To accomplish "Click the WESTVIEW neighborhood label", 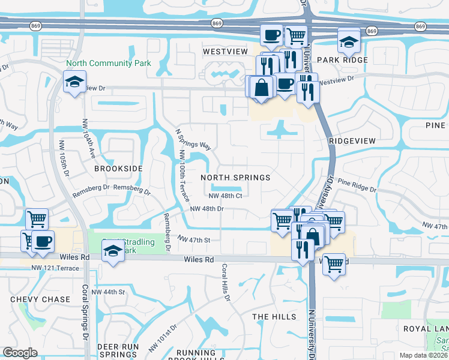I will [x=225, y=52].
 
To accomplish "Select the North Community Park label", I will [x=109, y=63].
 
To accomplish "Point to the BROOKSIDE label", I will [x=118, y=169].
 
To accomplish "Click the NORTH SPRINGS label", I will [x=235, y=178].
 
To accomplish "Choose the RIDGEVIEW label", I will [x=352, y=140].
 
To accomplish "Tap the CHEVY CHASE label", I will [x=33, y=299].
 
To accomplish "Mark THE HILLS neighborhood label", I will [x=274, y=316].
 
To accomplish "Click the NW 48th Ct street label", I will [x=225, y=196].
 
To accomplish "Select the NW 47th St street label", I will [x=194, y=239].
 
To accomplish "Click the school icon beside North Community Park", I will [x=75, y=82].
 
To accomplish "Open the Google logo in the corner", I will [x=20, y=352].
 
